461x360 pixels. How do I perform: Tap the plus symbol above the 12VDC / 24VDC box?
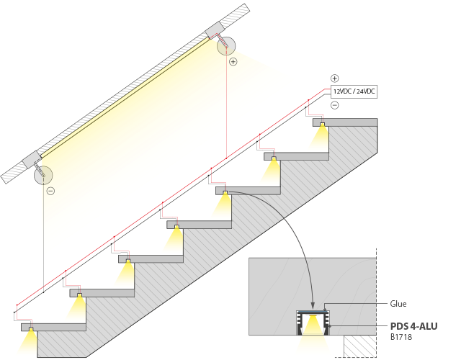[x=335, y=78]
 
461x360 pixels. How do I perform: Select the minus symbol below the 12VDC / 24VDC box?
[x=335, y=106]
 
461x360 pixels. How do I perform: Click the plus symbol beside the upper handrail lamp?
[x=233, y=62]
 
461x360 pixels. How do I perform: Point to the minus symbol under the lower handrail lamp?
[x=50, y=191]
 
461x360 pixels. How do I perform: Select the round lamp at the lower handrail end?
[x=45, y=174]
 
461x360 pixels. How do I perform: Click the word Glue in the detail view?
[x=398, y=304]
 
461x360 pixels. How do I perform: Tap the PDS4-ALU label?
[x=413, y=326]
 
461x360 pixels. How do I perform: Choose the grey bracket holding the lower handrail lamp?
[x=32, y=161]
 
